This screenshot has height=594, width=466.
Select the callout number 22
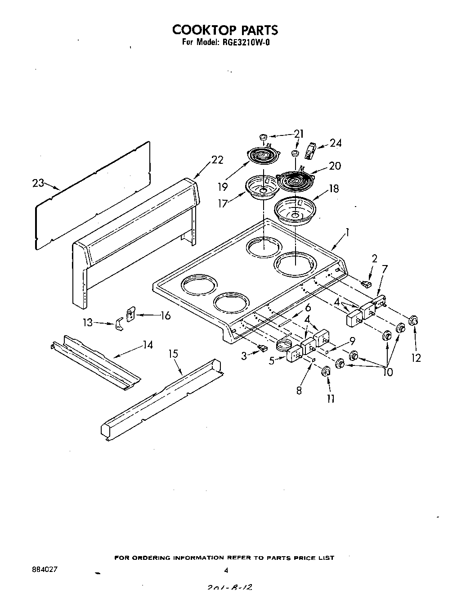tap(217, 160)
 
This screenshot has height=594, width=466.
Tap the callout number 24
tap(336, 143)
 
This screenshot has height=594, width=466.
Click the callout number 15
tap(174, 354)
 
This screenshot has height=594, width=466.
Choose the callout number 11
tap(331, 398)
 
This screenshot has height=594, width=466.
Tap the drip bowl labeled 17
tap(260, 187)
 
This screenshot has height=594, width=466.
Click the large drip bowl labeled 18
tap(295, 211)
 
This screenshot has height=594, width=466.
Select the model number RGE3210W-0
tap(246, 44)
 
